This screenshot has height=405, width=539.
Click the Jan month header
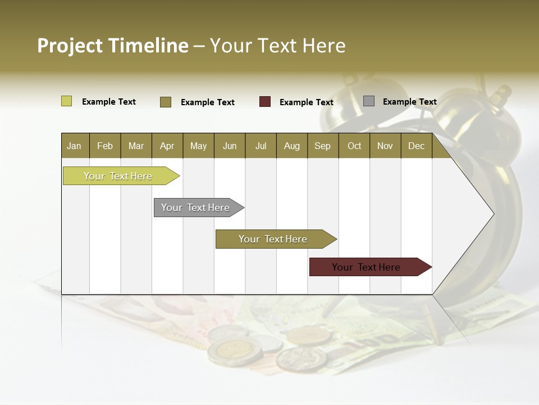75,146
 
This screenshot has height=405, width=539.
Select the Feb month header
105,146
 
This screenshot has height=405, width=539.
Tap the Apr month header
167,146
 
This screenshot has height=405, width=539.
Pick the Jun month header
230,146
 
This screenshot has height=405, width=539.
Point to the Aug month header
292,146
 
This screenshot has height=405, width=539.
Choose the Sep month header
323,146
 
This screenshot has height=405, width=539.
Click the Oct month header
354,146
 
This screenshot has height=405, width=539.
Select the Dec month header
417,146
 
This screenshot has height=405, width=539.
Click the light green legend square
66,101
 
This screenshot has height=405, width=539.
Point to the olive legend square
166,102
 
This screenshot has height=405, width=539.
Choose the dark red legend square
265,102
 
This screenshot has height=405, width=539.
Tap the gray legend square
369,101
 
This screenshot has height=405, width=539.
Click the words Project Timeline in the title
112,46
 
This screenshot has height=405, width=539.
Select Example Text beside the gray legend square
409,102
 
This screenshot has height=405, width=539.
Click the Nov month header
385,146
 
